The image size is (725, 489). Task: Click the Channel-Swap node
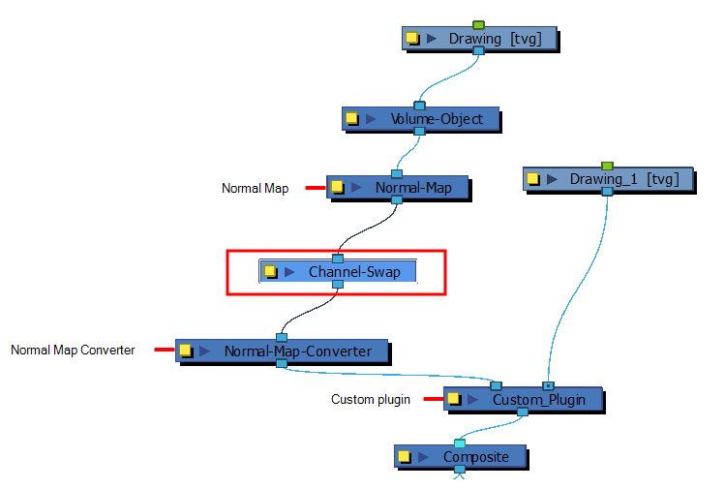pyautogui.click(x=338, y=271)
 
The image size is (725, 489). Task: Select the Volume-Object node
pyautogui.click(x=421, y=119)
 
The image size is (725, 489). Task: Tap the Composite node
pyautogui.click(x=461, y=457)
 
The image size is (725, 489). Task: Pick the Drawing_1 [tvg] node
pyautogui.click(x=609, y=179)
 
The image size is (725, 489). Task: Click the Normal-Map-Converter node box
pyautogui.click(x=282, y=351)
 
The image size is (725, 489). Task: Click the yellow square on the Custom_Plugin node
pyautogui.click(x=453, y=398)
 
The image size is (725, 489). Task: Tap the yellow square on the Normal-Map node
pyautogui.click(x=337, y=187)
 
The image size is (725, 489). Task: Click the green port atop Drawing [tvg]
pyautogui.click(x=478, y=24)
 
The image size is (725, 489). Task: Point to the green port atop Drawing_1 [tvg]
pyautogui.click(x=607, y=166)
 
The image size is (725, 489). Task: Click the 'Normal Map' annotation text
pyautogui.click(x=256, y=188)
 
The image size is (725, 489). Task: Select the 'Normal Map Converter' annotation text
pyautogui.click(x=73, y=350)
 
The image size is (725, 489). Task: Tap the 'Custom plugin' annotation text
pyautogui.click(x=371, y=399)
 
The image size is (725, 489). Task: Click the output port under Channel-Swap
pyautogui.click(x=338, y=284)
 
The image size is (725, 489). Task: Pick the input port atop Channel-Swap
pyautogui.click(x=338, y=259)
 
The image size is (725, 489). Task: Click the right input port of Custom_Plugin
pyautogui.click(x=549, y=385)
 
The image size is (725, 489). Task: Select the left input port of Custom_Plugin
pyautogui.click(x=497, y=385)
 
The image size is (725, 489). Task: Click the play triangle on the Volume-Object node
pyautogui.click(x=371, y=119)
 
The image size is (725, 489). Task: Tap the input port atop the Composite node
pyautogui.click(x=460, y=443)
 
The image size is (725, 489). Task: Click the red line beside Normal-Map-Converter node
pyautogui.click(x=165, y=350)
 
